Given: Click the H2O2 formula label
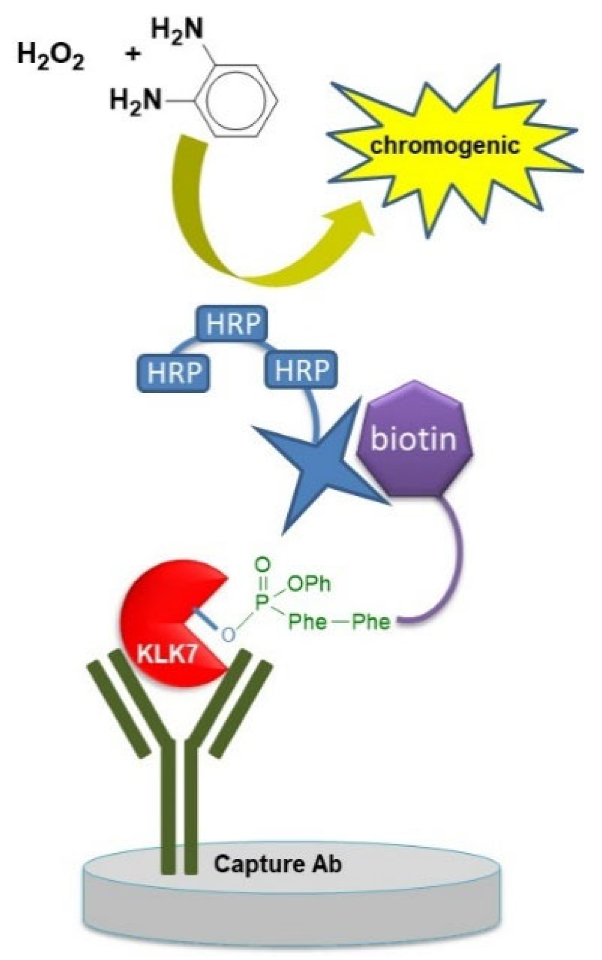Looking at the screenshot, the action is [50, 57].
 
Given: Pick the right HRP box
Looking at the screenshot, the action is [301, 370].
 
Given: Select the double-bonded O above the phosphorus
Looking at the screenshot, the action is [263, 565].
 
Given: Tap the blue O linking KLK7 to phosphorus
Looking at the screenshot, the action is [228, 634].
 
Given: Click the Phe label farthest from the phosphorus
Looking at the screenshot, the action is [371, 622].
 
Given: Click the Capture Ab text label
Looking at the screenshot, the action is [277, 864].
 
